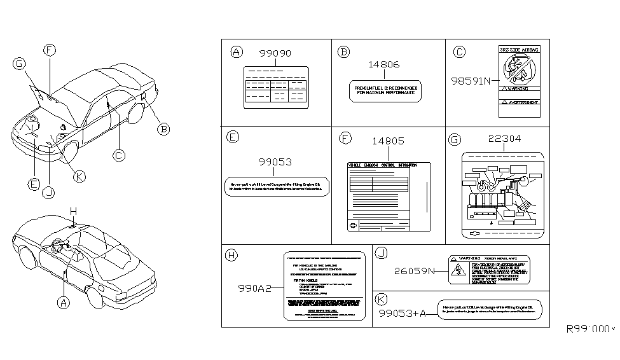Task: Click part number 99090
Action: tap(275, 54)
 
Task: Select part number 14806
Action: tap(385, 64)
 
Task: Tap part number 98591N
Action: tap(471, 81)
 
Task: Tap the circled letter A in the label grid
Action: tap(237, 52)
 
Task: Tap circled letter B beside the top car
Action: tap(163, 129)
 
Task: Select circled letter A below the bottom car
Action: tap(64, 303)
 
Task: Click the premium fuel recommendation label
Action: tap(385, 91)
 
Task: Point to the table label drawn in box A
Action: tap(275, 86)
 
